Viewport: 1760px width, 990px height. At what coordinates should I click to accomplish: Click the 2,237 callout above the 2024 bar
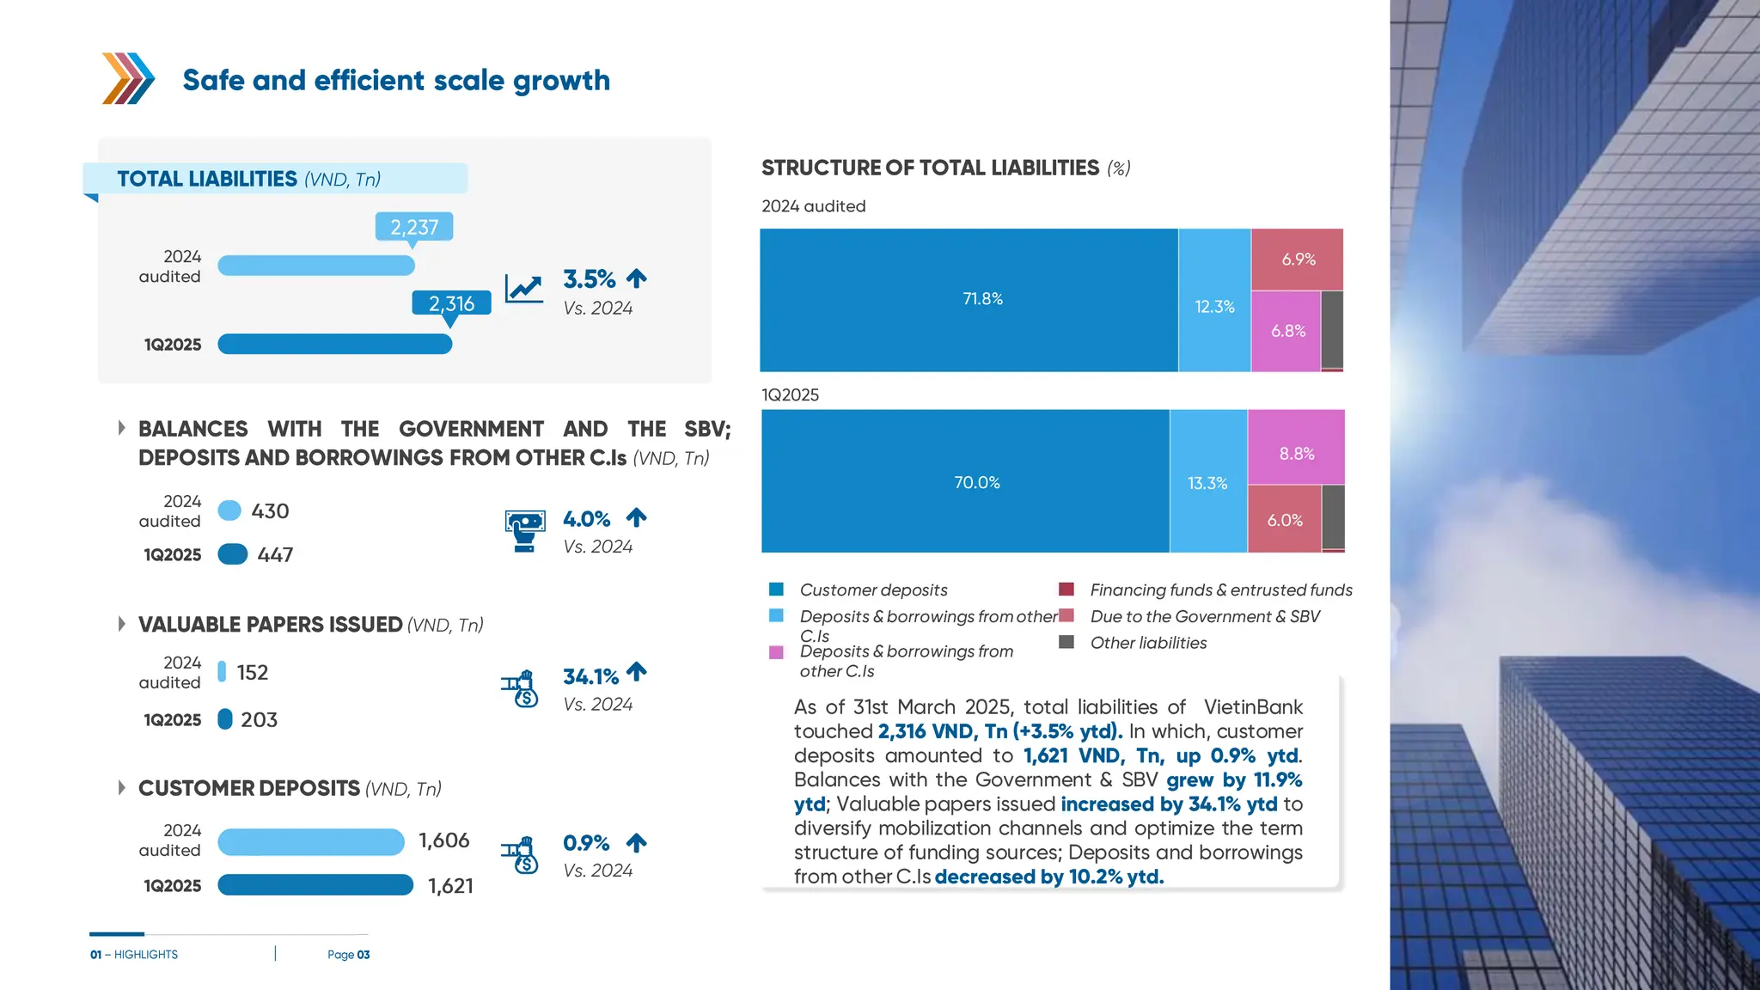[414, 227]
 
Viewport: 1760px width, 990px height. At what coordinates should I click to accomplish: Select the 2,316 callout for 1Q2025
[451, 303]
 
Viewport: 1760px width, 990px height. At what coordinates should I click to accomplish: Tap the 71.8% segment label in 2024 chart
[982, 299]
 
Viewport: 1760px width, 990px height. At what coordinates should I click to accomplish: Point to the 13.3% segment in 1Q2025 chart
[1207, 483]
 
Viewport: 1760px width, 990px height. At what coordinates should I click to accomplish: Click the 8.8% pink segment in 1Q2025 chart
[1296, 453]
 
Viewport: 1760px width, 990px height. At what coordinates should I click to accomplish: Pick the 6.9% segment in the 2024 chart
[1298, 259]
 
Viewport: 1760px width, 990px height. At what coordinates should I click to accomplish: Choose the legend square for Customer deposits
[776, 590]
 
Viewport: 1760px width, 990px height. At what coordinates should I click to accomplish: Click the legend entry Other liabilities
[1147, 643]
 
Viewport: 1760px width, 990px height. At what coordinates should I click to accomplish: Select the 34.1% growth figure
[590, 676]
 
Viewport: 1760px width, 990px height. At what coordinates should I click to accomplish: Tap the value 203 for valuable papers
[259, 719]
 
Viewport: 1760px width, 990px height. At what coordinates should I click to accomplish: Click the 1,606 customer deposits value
[443, 840]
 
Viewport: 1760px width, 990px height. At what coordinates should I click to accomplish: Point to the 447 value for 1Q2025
[275, 555]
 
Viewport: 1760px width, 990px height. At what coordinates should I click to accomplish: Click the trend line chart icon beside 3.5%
[523, 289]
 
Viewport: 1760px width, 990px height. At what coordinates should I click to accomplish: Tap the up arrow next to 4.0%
[636, 517]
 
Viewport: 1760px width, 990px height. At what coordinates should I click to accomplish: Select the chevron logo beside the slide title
[128, 78]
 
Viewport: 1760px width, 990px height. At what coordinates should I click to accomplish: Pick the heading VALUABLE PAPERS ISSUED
[271, 624]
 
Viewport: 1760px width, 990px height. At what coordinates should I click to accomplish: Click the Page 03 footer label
[348, 955]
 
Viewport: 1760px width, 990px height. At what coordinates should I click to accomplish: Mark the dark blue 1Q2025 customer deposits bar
[315, 885]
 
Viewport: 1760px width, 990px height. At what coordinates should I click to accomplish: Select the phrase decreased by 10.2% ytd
[1048, 877]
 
